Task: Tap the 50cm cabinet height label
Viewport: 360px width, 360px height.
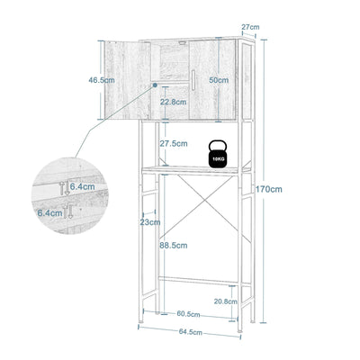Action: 217,80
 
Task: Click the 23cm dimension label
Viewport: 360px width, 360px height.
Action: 150,221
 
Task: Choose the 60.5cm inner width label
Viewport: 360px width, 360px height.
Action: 187,314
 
